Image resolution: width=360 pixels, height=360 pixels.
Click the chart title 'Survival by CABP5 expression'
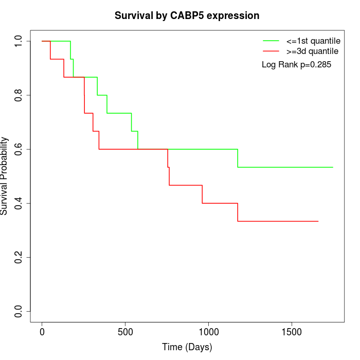[x=187, y=16]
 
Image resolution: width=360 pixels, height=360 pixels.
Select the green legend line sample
[x=271, y=41]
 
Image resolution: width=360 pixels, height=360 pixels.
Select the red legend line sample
[x=271, y=51]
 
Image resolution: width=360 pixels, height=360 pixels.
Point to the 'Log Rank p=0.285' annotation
[x=296, y=65]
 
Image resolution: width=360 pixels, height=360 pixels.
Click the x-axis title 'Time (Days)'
[x=187, y=347]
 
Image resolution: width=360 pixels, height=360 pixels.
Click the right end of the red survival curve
[x=318, y=221]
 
